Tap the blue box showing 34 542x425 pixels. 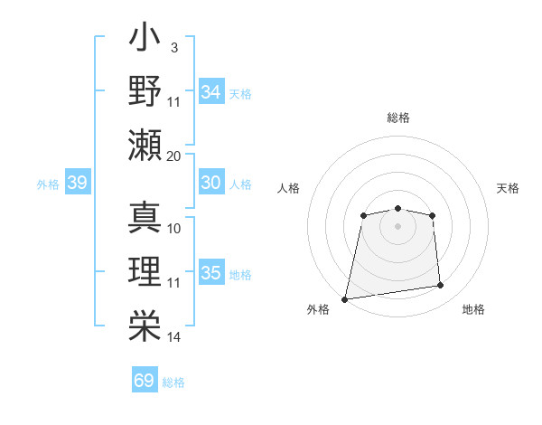click(x=211, y=92)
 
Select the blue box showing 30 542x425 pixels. click(x=211, y=183)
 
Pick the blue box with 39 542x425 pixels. click(x=77, y=183)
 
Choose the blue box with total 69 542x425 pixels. click(x=145, y=381)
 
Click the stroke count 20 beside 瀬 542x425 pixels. click(x=174, y=156)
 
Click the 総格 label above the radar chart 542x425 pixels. click(x=397, y=118)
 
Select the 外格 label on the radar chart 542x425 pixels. click(x=318, y=309)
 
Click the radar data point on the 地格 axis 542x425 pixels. click(x=440, y=286)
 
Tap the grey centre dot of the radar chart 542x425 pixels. click(x=397, y=225)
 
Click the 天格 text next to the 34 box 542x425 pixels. click(x=240, y=94)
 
